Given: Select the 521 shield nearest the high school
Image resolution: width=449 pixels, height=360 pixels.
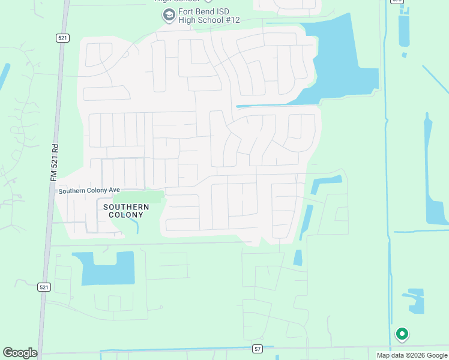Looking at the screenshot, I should (63, 38).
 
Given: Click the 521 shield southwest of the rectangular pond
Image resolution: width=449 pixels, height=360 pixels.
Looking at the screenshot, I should (43, 287).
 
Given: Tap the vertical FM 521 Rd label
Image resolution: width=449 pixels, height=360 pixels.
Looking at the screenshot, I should (54, 162).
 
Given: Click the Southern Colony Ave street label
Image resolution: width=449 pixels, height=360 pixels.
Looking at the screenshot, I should (85, 191).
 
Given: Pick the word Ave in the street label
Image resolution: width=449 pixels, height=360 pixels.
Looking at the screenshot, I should (106, 191).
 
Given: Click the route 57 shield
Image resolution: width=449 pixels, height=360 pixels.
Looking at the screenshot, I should (258, 349).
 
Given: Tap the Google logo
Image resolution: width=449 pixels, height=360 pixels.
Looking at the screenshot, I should (20, 353).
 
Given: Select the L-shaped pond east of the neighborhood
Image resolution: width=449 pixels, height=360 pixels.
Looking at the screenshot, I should (324, 183).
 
